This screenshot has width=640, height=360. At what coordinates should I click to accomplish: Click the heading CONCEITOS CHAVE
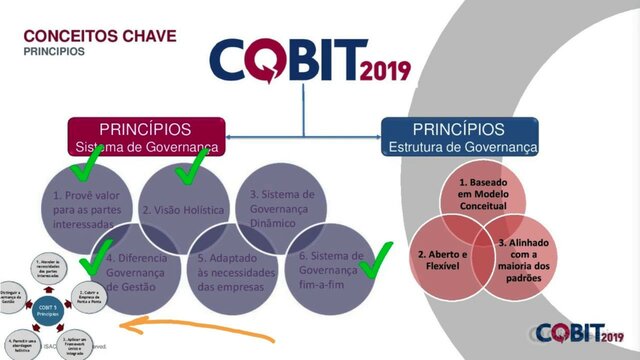point(100,36)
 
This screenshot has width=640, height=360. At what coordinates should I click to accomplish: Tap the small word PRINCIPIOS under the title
point(54,51)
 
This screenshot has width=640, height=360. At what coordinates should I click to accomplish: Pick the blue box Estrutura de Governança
point(461,138)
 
